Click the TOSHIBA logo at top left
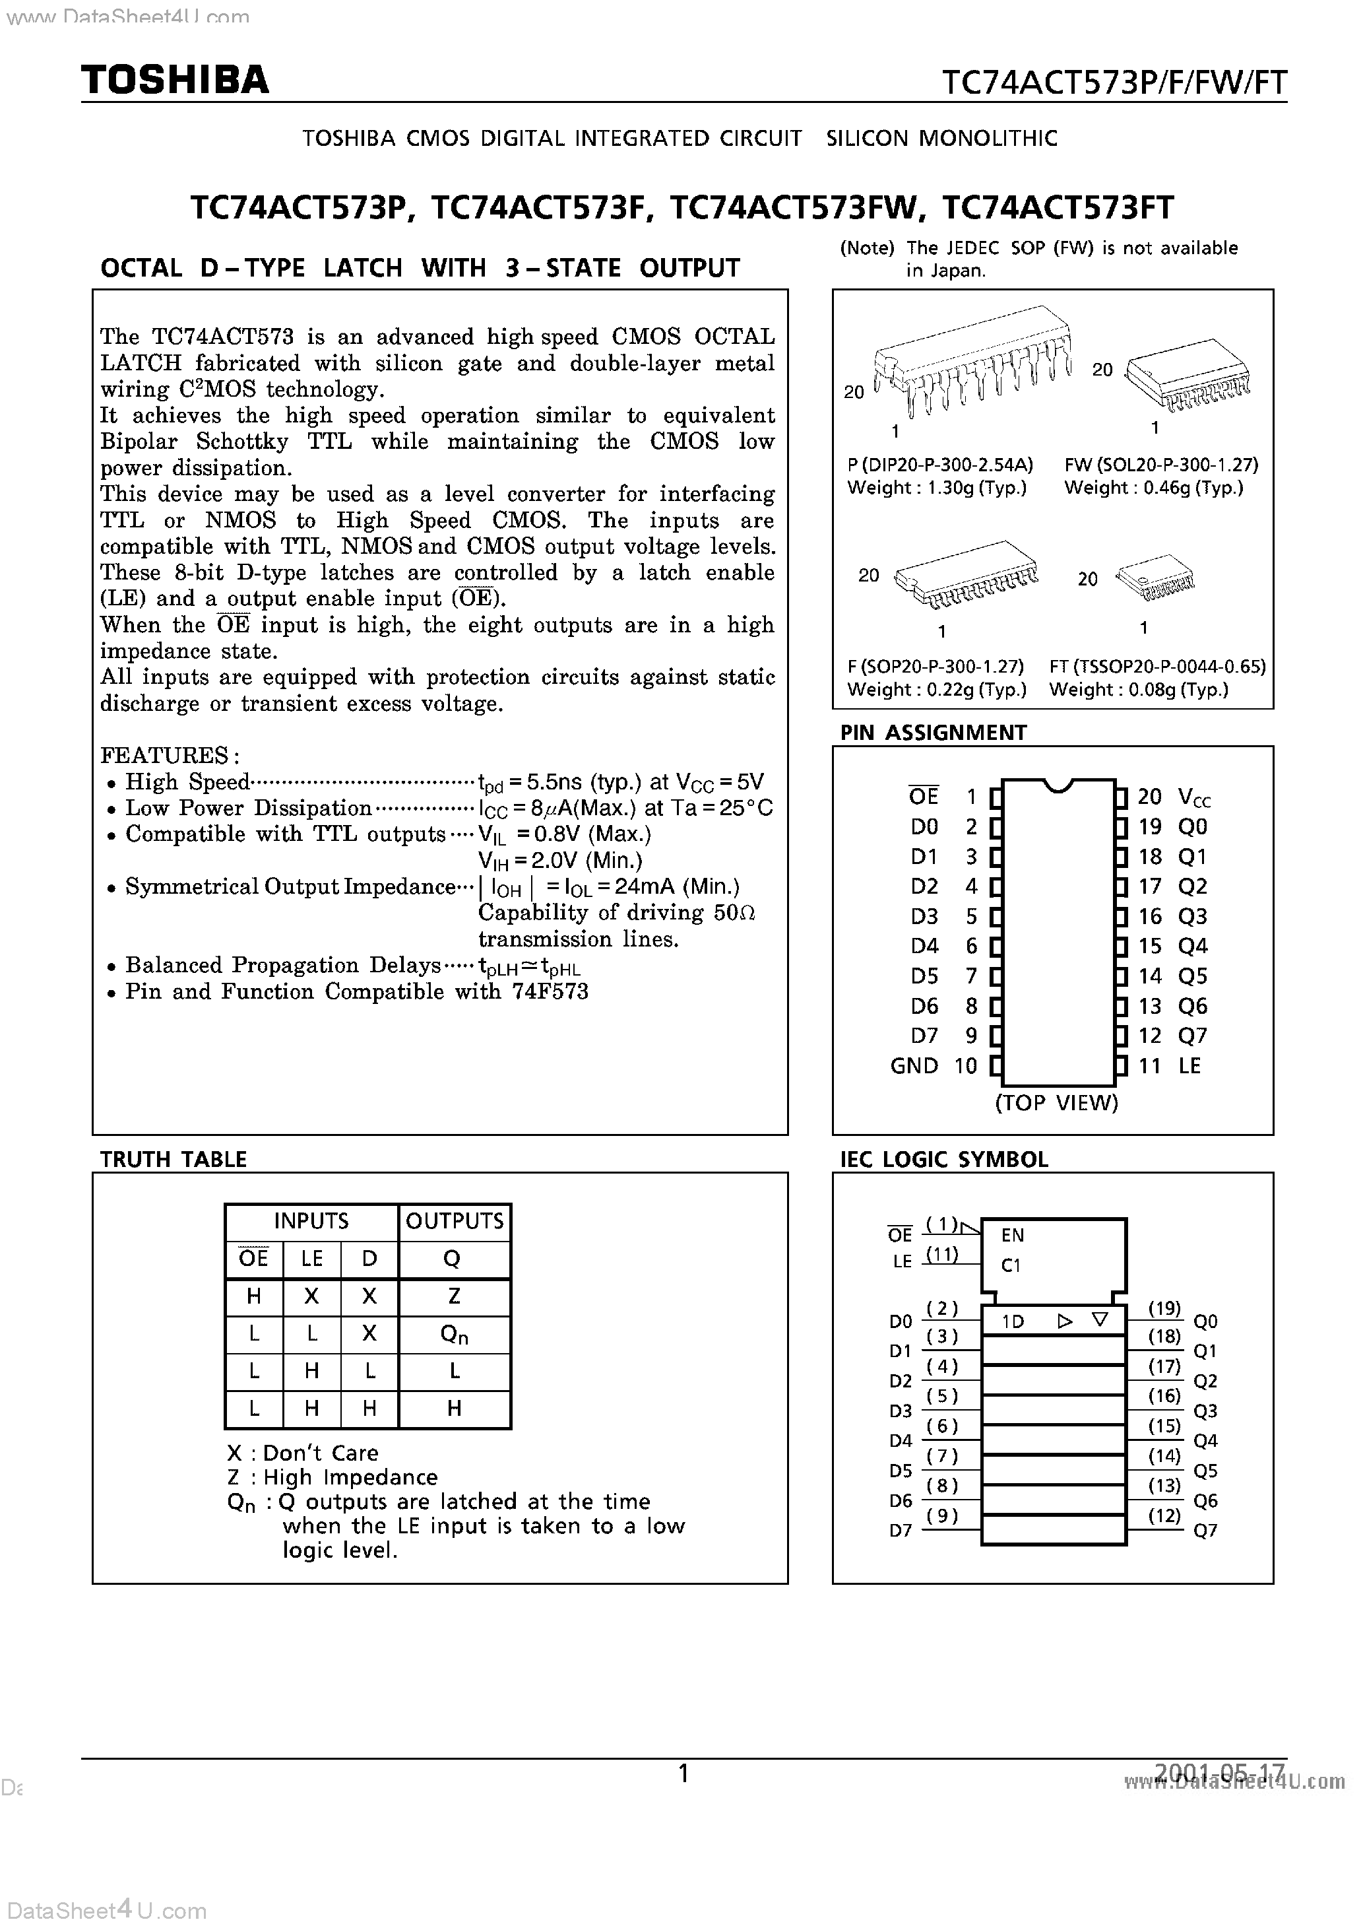coord(175,80)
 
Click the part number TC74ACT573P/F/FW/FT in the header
coord(1114,83)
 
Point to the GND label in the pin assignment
coord(914,1066)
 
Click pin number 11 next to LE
coord(1149,1066)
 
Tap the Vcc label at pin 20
coord(1194,797)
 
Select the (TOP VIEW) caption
coord(1056,1103)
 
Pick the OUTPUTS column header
coord(455,1220)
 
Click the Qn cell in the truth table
coord(454,1334)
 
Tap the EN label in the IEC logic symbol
coord(1013,1235)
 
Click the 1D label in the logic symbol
coord(1013,1321)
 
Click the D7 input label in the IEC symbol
coord(900,1531)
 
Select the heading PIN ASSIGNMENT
coord(933,733)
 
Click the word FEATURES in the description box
coord(164,755)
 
